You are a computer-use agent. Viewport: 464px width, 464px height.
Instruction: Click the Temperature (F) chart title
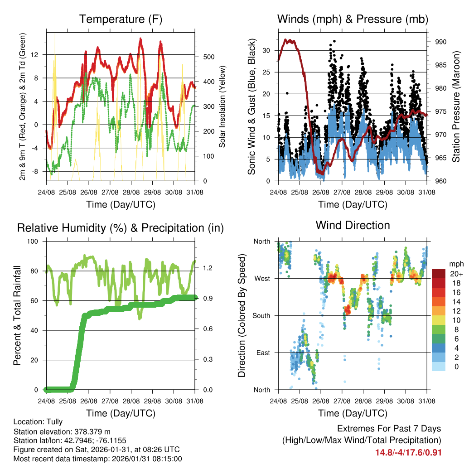click(x=121, y=19)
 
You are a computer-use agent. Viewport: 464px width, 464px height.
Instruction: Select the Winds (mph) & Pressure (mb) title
click(x=353, y=19)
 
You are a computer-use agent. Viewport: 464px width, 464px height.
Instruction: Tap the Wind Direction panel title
click(x=353, y=225)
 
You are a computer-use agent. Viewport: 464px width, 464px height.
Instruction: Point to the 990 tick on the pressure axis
click(x=441, y=42)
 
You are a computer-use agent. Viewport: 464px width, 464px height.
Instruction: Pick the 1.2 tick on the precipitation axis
click(x=208, y=268)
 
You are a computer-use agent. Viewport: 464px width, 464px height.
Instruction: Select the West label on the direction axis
click(x=261, y=278)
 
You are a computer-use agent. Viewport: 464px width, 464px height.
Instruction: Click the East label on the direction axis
click(x=262, y=353)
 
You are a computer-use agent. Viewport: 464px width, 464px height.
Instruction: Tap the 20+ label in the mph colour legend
click(x=456, y=274)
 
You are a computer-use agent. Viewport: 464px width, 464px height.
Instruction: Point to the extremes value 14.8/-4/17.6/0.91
click(x=408, y=453)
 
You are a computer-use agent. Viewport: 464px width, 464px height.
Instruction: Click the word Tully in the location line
click(x=54, y=421)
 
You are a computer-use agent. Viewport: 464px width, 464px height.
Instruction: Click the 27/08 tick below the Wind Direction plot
click(x=342, y=401)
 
